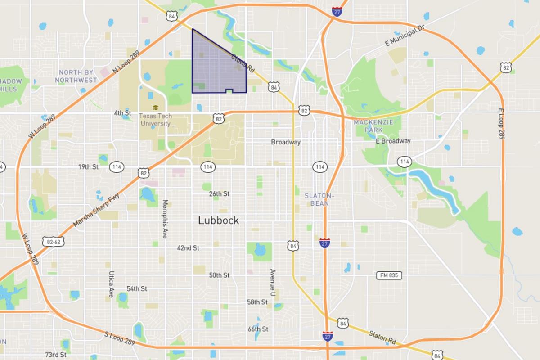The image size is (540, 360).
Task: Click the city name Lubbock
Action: [218, 220]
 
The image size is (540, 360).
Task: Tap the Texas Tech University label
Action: [155, 120]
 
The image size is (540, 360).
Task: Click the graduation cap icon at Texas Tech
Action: [155, 108]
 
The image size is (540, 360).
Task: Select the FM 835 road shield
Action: [389, 275]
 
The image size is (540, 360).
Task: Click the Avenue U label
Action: [272, 282]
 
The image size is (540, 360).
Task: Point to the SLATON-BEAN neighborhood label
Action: [319, 199]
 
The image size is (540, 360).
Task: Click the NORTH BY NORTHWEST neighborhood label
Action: [76, 76]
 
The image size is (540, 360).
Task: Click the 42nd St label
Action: [188, 248]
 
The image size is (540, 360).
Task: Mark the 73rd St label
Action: [55, 355]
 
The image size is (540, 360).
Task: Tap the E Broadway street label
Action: [393, 141]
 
